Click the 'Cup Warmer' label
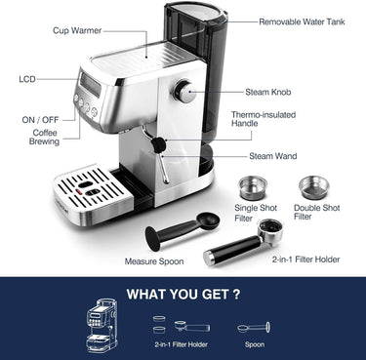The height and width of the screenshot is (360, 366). point(77,31)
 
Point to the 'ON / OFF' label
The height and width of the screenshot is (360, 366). point(40,120)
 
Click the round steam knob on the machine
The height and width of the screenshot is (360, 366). point(183,91)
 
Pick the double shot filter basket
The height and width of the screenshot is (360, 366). point(313,185)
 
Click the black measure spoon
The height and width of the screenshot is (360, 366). point(176,232)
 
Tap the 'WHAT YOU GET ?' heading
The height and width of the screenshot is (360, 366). point(183,292)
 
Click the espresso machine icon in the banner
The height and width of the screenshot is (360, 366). point(102,323)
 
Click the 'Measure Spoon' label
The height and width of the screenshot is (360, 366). point(154,261)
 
